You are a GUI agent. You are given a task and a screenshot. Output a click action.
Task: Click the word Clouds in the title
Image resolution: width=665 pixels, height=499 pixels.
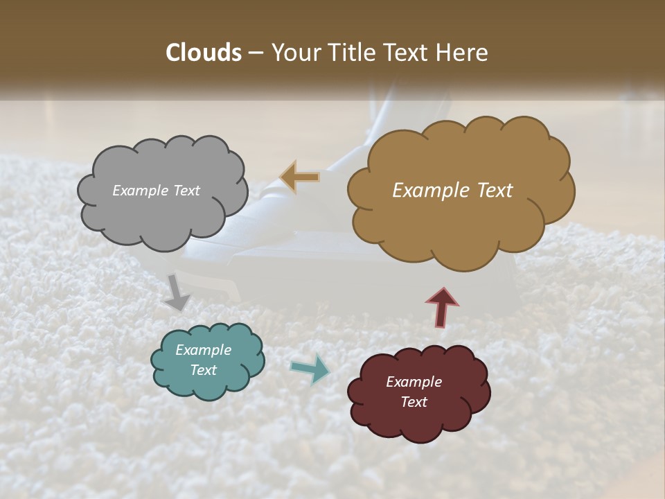pyautogui.click(x=203, y=53)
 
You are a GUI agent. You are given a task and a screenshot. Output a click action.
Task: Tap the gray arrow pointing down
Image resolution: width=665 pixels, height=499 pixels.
pyautogui.click(x=176, y=293)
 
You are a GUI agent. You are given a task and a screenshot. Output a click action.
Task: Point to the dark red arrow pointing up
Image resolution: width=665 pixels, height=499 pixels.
pyautogui.click(x=442, y=306)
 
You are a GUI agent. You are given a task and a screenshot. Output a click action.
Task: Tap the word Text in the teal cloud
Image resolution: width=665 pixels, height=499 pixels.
pyautogui.click(x=204, y=370)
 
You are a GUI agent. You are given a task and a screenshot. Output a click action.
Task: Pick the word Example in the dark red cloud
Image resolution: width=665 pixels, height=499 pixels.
pyautogui.click(x=414, y=382)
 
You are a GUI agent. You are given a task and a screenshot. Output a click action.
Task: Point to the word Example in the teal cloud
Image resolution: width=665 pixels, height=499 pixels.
pyautogui.click(x=204, y=350)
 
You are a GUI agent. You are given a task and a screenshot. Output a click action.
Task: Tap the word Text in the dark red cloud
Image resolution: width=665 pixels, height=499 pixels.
pyautogui.click(x=414, y=402)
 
